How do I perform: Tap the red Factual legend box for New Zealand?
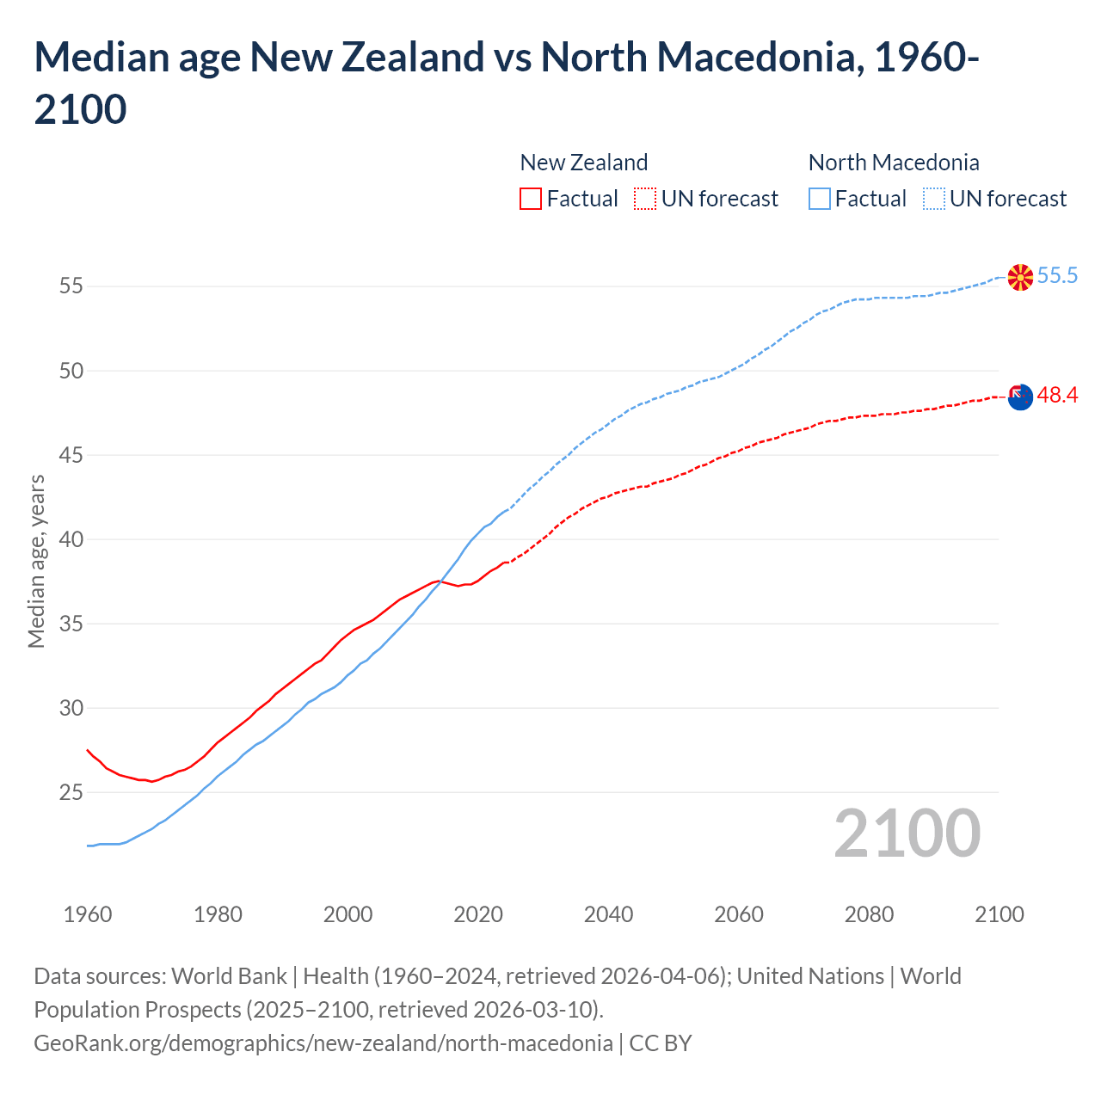point(531,199)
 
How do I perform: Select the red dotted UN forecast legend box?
point(645,199)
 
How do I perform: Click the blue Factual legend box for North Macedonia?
point(820,199)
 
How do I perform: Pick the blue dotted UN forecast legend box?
point(933,199)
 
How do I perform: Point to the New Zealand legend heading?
point(583,163)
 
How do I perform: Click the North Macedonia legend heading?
point(894,163)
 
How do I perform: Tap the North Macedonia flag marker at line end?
point(1020,277)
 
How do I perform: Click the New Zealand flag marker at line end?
point(1020,397)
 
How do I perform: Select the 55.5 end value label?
point(1057,275)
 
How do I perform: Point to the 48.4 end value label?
point(1057,395)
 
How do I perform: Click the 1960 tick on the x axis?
point(88,914)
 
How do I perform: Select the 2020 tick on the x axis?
point(478,914)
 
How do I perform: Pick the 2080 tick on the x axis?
point(869,914)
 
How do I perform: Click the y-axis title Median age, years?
point(36,561)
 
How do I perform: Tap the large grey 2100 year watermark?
point(907,833)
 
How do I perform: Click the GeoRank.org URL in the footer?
point(323,1043)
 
